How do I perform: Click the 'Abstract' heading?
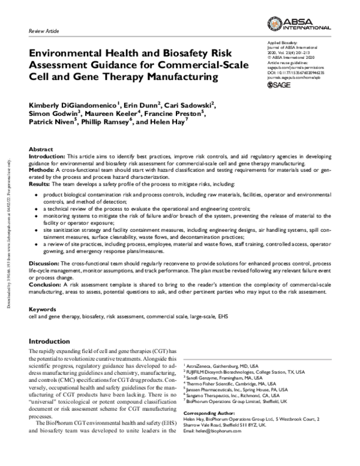[41, 148]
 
